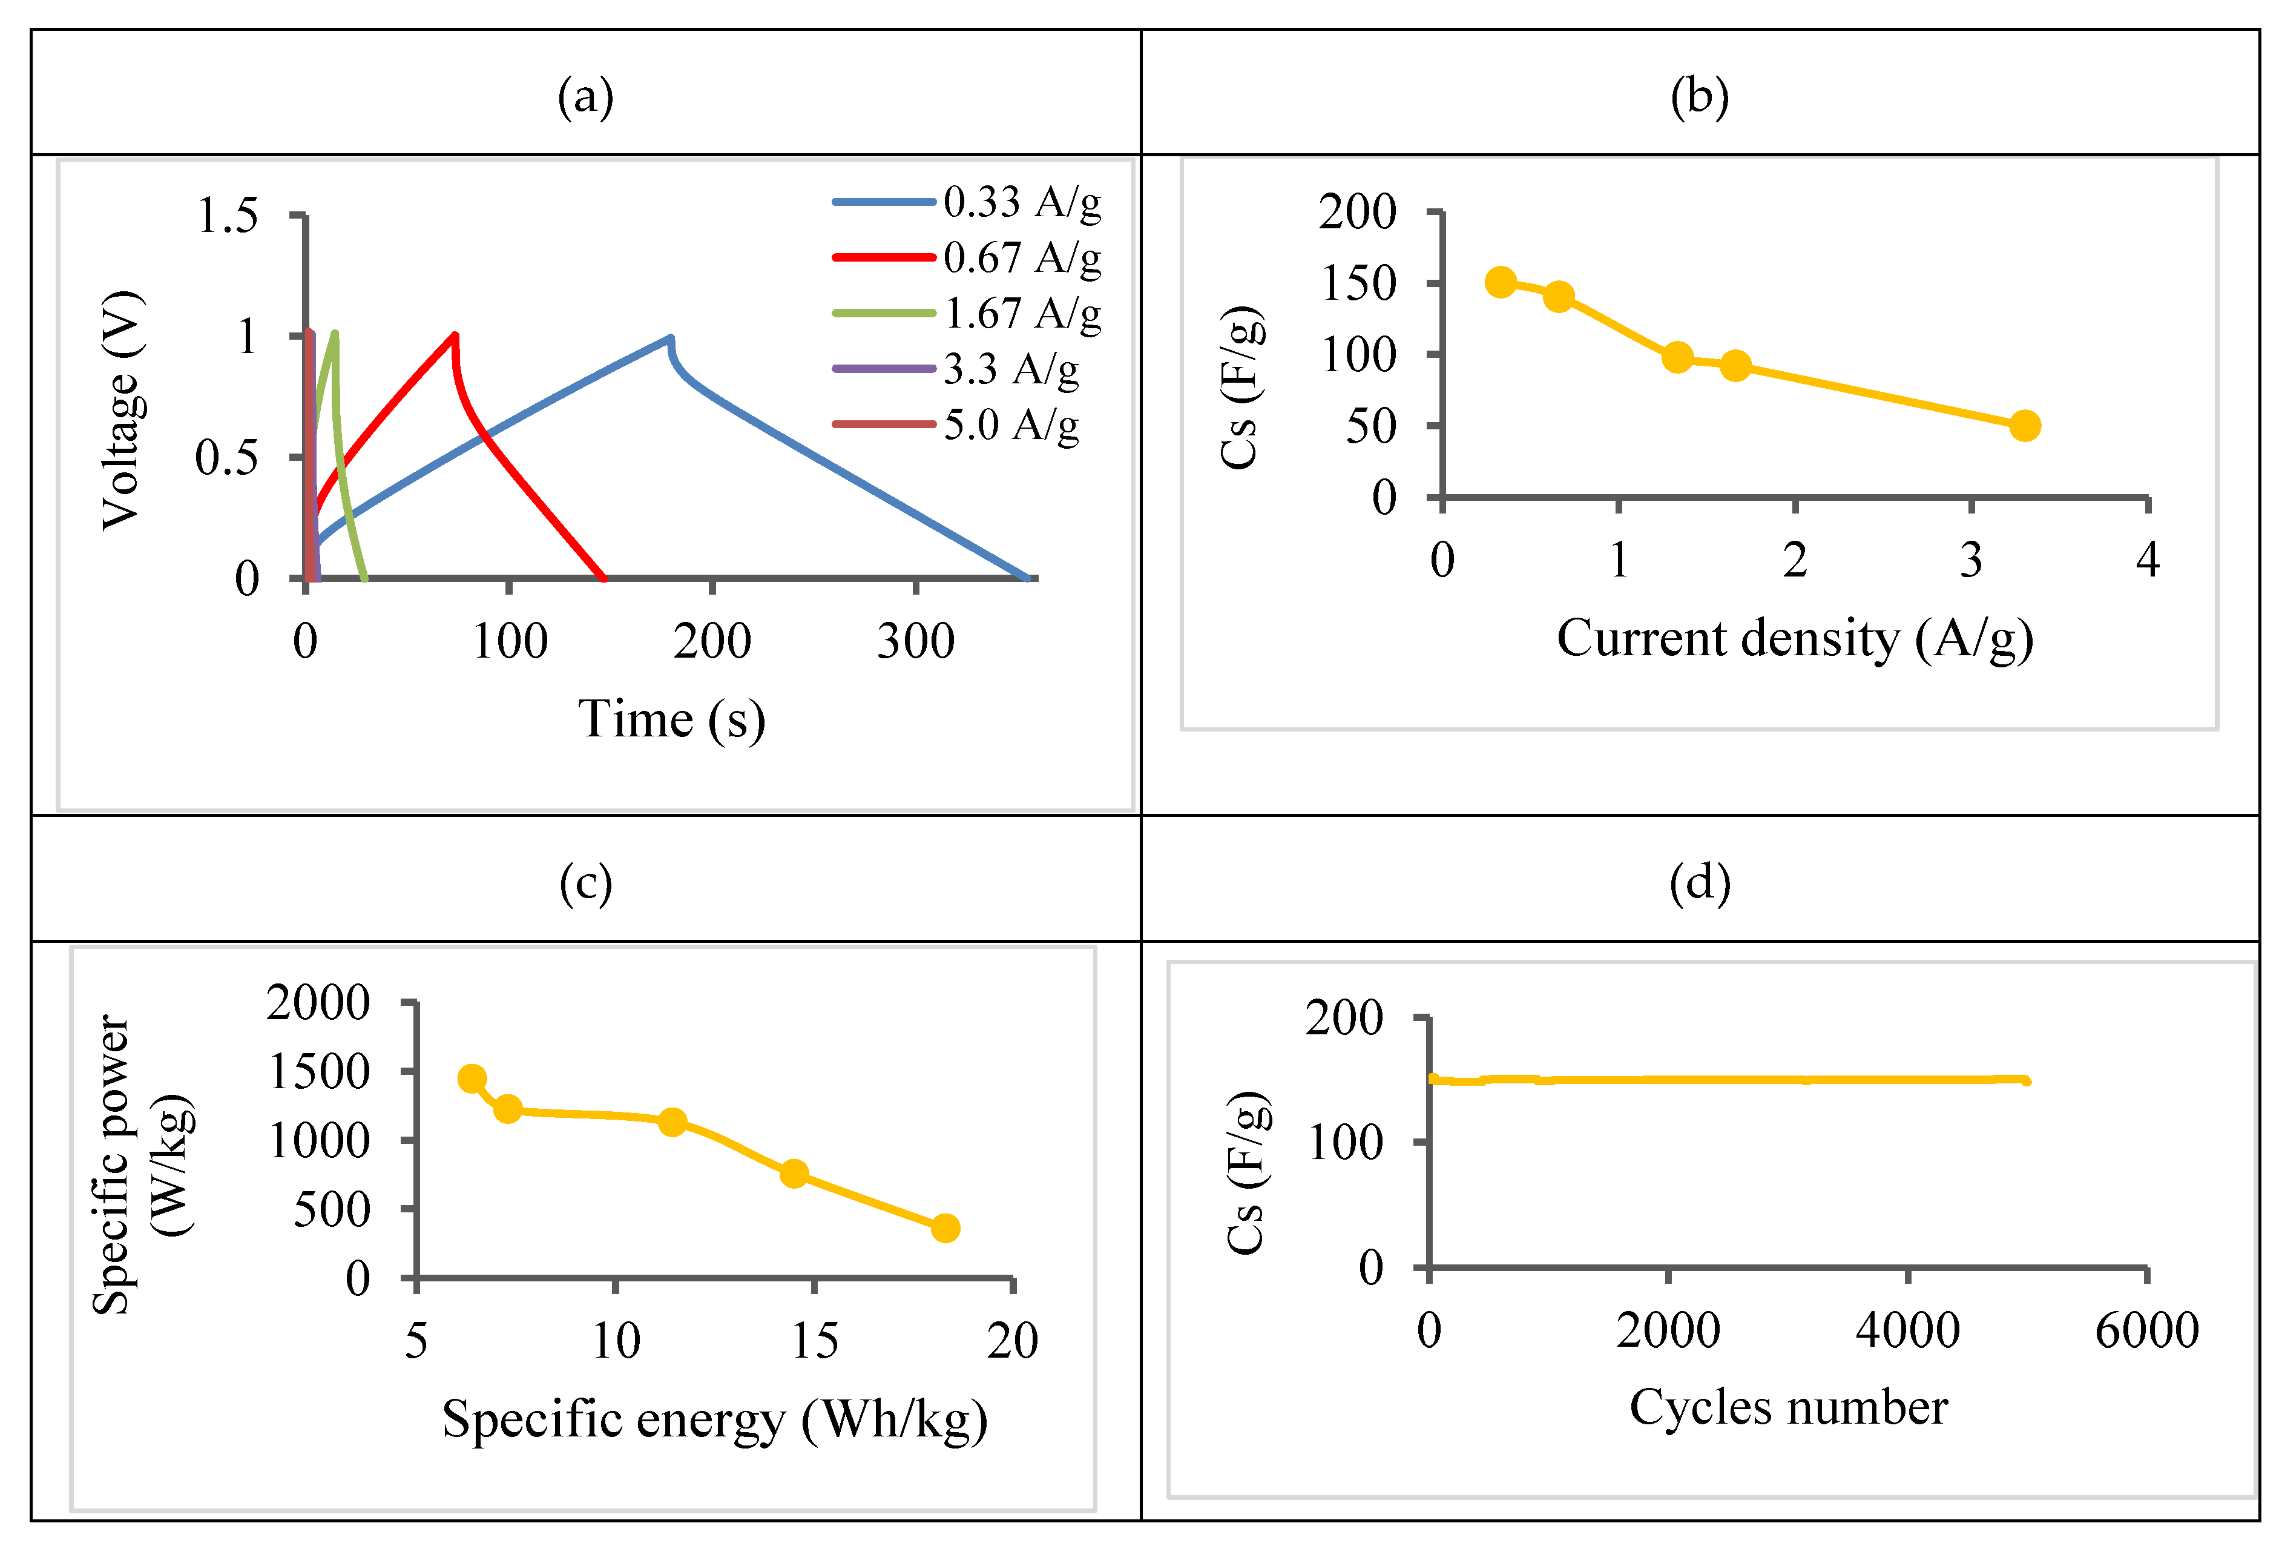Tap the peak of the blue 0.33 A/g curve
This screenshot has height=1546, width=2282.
669,339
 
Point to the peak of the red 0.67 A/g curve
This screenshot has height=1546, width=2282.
453,336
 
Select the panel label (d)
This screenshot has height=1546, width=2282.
1700,882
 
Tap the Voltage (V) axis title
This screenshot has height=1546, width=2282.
123,411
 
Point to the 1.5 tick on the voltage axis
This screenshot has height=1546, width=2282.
228,215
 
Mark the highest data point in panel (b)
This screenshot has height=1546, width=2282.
1501,283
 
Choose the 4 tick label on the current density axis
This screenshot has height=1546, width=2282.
2148,561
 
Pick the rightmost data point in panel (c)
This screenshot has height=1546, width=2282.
945,1227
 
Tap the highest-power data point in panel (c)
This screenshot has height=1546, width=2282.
472,1079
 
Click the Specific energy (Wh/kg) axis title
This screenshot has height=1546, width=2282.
714,1420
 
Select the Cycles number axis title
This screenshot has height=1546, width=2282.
1788,1407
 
